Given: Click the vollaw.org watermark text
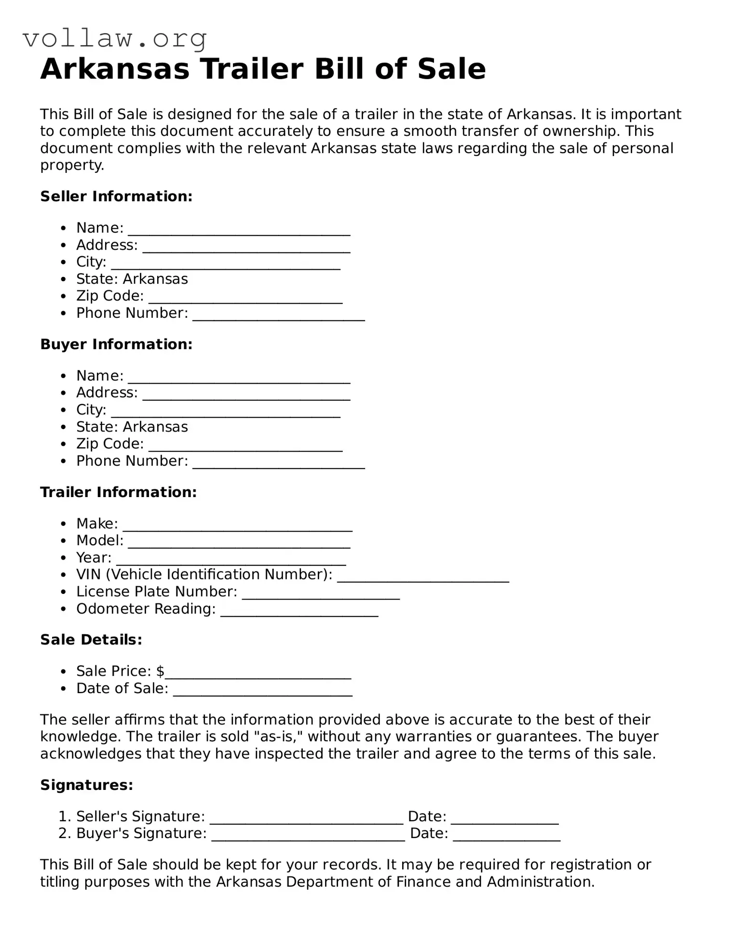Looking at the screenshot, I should [x=115, y=39].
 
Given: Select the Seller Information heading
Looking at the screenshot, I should [x=116, y=196].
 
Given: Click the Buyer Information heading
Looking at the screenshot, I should [x=116, y=344].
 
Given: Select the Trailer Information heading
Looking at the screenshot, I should [x=118, y=492].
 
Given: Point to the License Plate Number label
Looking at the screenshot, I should [x=156, y=591].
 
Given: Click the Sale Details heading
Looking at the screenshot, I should [x=91, y=640].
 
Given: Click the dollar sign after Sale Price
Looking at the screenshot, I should [x=161, y=671].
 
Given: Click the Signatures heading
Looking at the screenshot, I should [x=86, y=785].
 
